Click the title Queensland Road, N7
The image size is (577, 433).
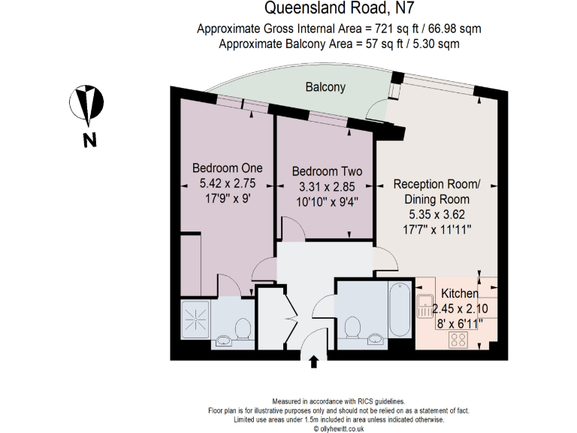pos(339,10)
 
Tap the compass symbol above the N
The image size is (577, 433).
pos(89,105)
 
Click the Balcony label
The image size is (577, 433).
pos(325,87)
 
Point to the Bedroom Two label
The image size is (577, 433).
pos(327,171)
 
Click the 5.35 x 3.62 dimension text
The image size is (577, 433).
pos(437,213)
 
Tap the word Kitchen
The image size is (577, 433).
pos(459,294)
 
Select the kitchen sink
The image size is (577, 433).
pos(426,305)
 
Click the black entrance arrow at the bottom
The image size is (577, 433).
pos(314,362)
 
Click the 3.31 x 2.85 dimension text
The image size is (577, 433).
pos(327,186)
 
